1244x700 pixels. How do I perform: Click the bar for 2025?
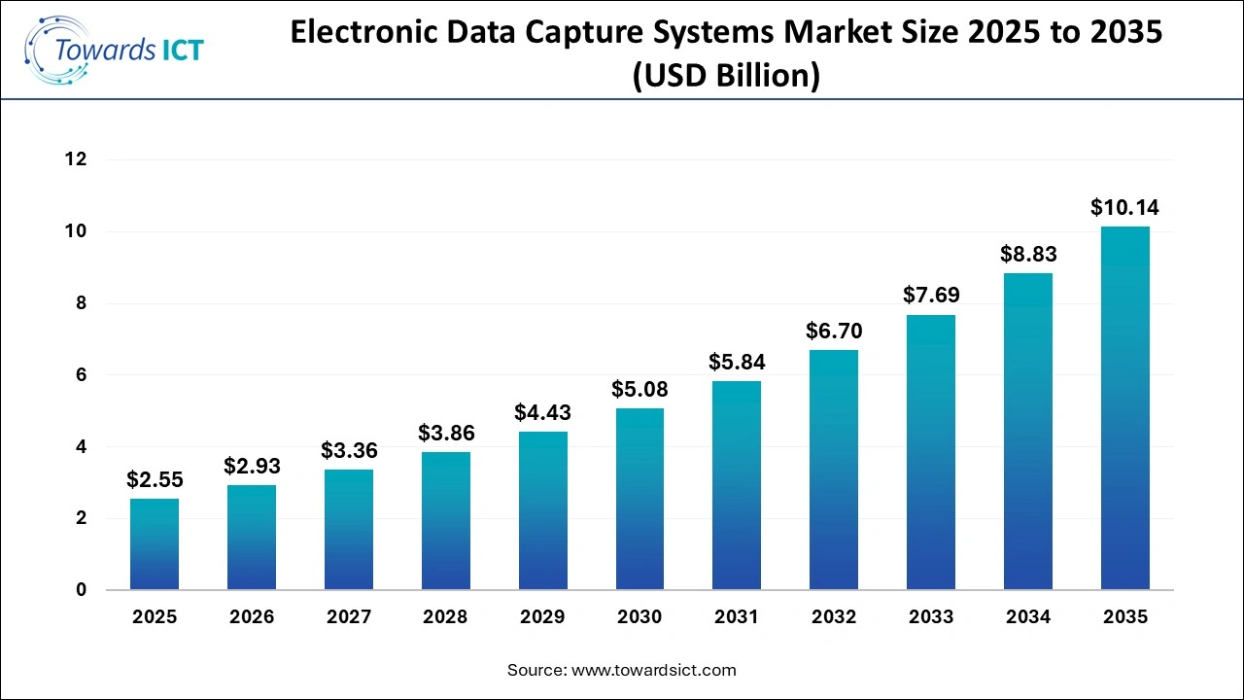(155, 544)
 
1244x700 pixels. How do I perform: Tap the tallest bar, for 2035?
(1124, 408)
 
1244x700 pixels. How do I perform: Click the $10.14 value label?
(1124, 207)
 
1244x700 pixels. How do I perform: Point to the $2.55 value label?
(155, 479)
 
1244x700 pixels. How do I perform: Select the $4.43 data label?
(542, 412)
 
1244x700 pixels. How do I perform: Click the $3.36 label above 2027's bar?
(349, 450)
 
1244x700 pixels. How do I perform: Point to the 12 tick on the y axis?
(76, 159)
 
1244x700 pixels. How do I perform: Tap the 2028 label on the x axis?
(445, 617)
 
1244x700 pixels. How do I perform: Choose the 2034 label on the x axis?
(1027, 617)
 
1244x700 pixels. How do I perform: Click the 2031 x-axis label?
(737, 617)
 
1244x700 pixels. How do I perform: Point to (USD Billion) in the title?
(726, 75)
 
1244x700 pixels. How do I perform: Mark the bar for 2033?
(931, 452)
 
